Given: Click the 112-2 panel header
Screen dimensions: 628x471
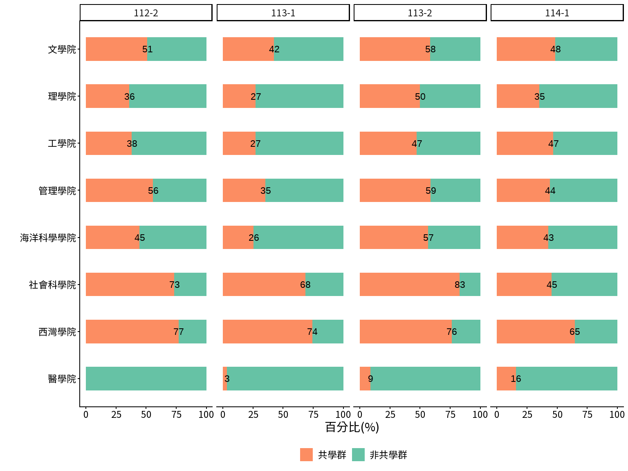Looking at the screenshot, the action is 146,13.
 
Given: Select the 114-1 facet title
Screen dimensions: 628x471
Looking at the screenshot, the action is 557,13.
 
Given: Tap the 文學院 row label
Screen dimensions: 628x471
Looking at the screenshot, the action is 62,49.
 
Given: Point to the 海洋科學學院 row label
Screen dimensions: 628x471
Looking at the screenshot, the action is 48,238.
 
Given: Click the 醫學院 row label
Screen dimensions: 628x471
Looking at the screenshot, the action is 62,379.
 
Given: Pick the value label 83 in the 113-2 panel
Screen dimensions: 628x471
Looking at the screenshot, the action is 460,285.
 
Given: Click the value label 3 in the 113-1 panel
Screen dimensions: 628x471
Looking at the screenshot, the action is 227,379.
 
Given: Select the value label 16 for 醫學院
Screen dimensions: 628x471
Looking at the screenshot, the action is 516,379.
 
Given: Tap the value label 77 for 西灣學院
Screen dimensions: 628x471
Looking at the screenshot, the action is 178,332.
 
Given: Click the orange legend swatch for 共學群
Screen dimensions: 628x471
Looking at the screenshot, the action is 306,455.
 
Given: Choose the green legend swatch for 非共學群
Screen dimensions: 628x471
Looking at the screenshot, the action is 358,455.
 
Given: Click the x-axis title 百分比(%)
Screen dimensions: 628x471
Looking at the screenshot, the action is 352,428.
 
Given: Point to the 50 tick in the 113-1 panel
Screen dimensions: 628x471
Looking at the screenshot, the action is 283,415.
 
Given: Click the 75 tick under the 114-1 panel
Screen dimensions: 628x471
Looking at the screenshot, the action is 588,415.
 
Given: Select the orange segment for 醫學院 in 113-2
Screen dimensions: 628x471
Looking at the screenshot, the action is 365,379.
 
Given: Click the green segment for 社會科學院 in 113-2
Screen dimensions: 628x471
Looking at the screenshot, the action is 470,285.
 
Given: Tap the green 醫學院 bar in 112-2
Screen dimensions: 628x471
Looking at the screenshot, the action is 146,379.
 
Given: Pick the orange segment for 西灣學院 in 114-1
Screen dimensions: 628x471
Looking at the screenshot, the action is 536,332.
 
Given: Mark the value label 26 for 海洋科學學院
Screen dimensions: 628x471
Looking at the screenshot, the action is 253,238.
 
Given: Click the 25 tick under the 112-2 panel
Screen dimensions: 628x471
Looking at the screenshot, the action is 116,415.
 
